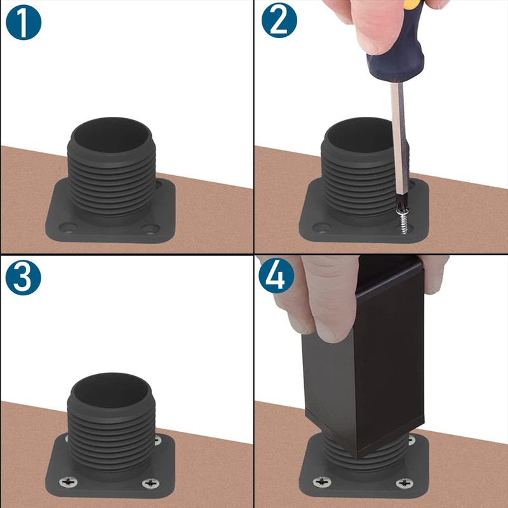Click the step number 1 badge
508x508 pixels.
(23, 23)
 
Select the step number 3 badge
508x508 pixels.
(23, 277)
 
